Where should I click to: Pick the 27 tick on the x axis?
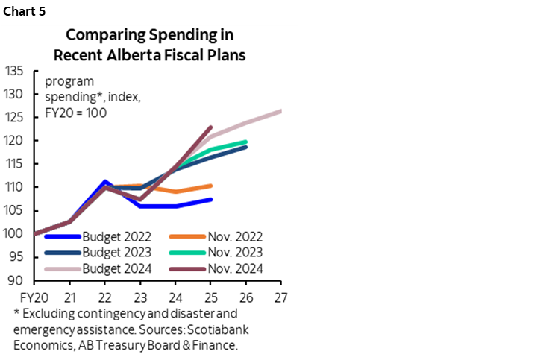[280, 294]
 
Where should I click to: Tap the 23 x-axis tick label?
[140, 294]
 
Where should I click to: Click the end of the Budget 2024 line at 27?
[280, 111]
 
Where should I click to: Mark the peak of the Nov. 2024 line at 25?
[211, 127]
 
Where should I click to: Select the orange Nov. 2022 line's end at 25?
[211, 186]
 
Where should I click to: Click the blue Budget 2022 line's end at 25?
[211, 199]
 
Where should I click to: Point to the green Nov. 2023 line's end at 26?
[246, 142]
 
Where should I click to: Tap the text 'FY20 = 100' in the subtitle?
[76, 113]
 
